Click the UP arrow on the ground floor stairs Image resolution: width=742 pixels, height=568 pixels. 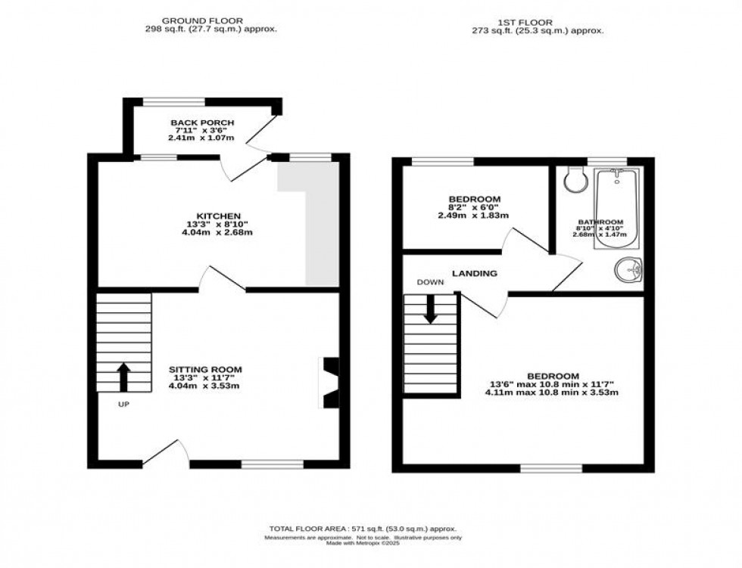(123, 376)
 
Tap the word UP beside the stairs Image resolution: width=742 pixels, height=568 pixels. (123, 404)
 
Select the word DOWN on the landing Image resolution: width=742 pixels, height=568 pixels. (429, 282)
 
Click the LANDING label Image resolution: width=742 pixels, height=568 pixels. (475, 273)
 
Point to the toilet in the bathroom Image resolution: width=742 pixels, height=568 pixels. (575, 178)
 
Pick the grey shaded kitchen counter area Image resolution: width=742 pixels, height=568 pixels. (318, 227)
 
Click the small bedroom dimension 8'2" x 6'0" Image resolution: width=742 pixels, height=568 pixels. (473, 207)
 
